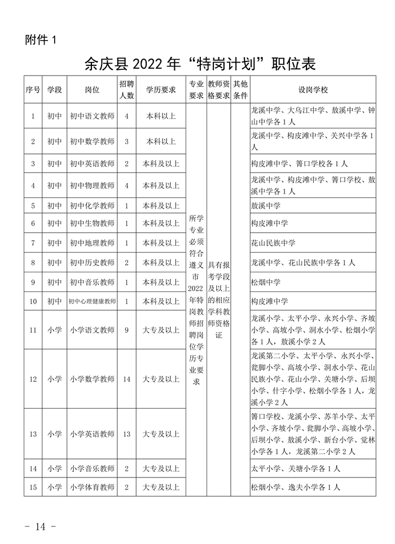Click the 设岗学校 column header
pos(313,90)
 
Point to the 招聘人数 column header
pos(126,90)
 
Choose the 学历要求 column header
pos(161,90)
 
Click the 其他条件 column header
pos(240,90)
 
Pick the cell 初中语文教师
pos(92,116)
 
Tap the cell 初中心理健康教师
pos(92,302)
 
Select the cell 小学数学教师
pos(92,379)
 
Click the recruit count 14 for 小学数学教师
pos(126,379)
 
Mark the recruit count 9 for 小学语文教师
pos(126,330)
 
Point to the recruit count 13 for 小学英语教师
pos(126,434)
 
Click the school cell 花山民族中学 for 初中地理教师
pos(273,243)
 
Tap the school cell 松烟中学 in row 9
pos(266,282)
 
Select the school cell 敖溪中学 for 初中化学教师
pos(266,205)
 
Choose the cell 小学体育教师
pos(92,487)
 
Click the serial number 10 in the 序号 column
pos(33,302)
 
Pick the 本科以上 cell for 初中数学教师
pos(161,141)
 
